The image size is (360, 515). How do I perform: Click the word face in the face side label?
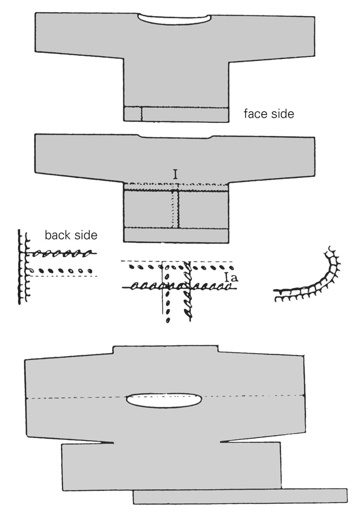pos(255,114)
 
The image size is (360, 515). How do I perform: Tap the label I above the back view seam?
pos(175,174)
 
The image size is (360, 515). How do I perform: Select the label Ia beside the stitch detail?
pos(232,277)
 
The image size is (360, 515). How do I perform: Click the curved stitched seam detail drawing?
pos(313,281)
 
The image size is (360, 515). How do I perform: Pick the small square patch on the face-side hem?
pos(132,114)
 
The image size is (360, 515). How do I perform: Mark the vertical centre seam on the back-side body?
pos(178,209)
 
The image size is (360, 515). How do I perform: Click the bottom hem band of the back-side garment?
pos(176,235)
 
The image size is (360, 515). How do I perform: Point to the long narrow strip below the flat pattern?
pos(240,496)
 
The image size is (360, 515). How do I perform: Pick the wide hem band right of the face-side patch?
pos(185,114)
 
